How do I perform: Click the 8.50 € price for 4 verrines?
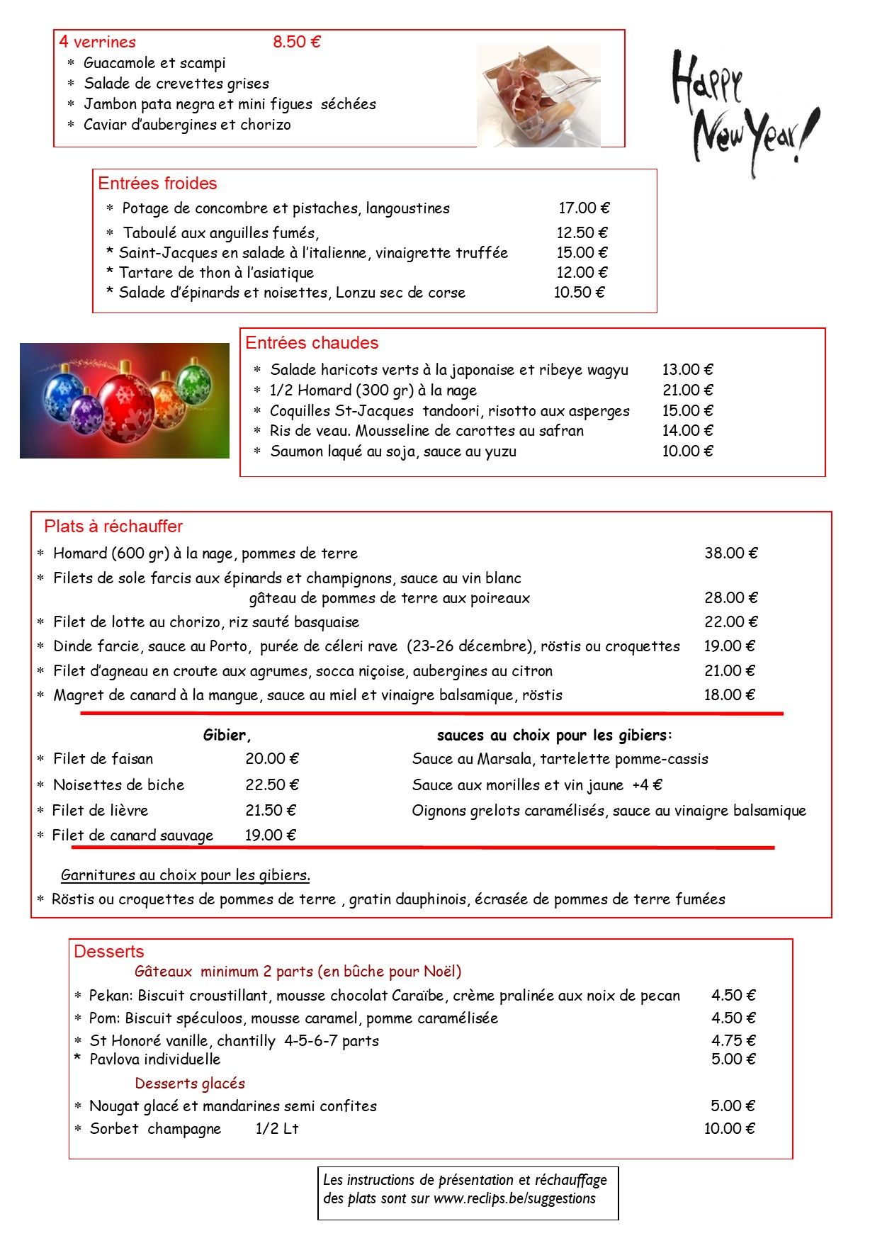(x=297, y=42)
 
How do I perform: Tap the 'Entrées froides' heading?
(x=157, y=184)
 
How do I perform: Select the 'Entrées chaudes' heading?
(x=312, y=343)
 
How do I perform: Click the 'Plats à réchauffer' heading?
(x=113, y=527)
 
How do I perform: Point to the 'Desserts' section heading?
(x=108, y=951)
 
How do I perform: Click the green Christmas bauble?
(x=193, y=382)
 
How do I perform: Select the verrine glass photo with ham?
(x=538, y=96)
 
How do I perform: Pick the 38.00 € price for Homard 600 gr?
(x=730, y=553)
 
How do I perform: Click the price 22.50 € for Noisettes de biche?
(x=272, y=784)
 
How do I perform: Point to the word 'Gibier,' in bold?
(x=227, y=735)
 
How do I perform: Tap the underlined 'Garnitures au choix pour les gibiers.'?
(x=186, y=875)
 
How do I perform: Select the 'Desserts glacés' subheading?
(x=190, y=1083)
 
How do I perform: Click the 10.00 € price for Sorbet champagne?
(x=729, y=1128)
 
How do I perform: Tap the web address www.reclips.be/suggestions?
(x=514, y=1198)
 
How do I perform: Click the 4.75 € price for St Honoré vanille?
(x=733, y=1040)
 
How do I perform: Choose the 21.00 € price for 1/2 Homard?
(x=687, y=390)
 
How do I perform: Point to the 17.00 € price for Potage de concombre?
(x=584, y=208)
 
